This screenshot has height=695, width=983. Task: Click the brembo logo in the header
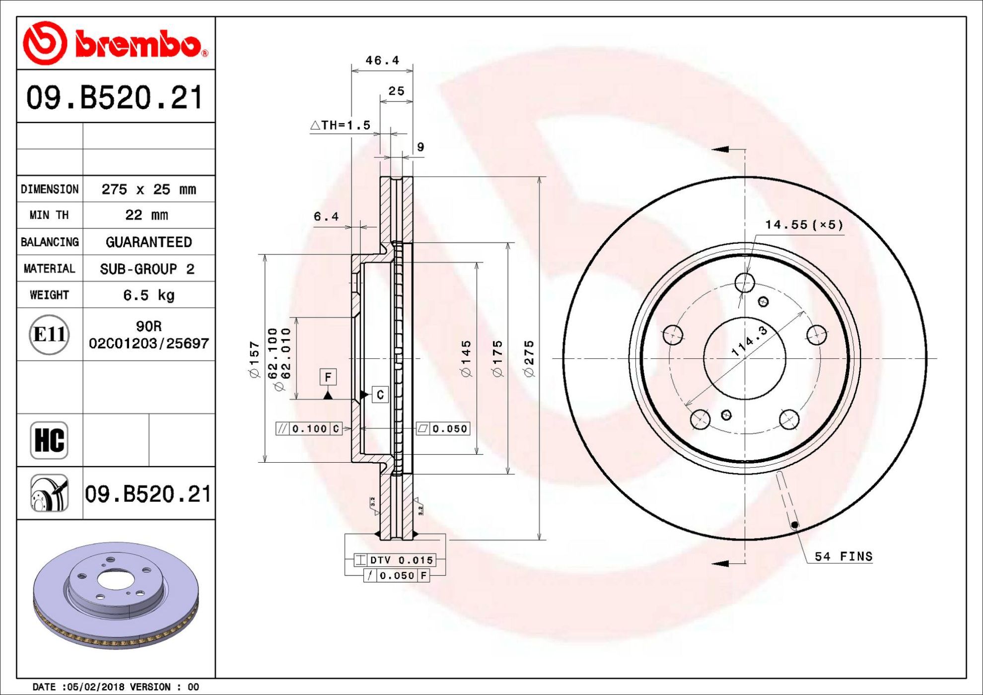116,43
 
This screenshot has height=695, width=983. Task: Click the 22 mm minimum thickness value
146,215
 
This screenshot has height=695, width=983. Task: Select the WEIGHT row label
49,295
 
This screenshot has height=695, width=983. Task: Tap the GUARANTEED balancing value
148,242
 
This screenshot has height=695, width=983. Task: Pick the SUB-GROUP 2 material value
147,269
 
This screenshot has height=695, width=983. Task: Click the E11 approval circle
49,334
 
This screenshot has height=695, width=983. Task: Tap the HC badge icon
49,440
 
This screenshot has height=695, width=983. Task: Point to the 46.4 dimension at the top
382,60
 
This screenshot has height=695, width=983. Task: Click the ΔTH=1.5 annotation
341,125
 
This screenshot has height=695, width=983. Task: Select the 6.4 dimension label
326,216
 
